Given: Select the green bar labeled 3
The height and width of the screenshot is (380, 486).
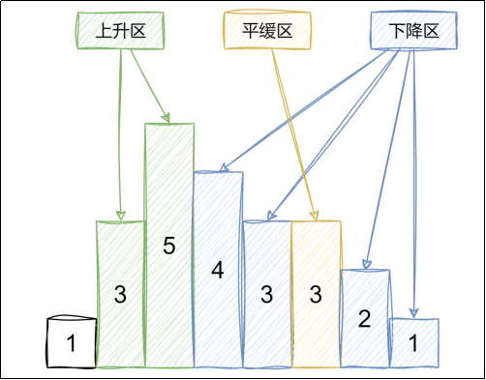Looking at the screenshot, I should [x=120, y=294].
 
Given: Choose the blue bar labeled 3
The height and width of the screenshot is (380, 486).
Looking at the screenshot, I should [x=266, y=294].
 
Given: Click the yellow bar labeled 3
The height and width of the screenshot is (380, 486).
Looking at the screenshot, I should [x=316, y=294].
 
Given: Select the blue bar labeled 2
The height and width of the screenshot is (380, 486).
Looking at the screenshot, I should [x=365, y=318].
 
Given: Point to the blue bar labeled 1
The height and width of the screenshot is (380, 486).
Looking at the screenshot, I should [x=413, y=342].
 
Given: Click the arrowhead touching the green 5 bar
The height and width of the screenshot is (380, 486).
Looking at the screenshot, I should [x=166, y=118].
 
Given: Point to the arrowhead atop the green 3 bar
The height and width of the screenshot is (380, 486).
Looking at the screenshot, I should [x=121, y=216].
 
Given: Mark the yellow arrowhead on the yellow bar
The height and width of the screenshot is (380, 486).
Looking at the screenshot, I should [x=315, y=216].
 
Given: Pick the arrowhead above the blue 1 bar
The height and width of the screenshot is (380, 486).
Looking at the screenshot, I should [x=413, y=312].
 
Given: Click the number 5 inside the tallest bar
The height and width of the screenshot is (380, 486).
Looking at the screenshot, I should [x=168, y=247].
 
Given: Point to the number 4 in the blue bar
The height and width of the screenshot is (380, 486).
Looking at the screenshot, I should [x=218, y=271].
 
